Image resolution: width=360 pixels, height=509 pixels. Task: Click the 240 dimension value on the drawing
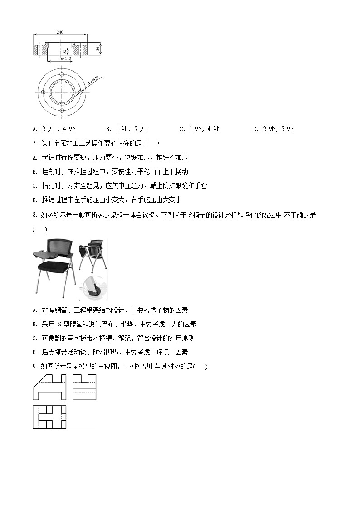(x=60, y=32)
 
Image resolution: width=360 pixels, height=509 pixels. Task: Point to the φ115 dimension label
(x=66, y=58)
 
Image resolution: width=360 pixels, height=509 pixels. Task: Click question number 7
(x=35, y=144)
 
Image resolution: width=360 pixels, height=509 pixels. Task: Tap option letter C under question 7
(x=35, y=186)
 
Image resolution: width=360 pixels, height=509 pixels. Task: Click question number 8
(x=35, y=216)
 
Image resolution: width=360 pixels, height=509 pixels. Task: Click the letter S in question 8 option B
(x=59, y=324)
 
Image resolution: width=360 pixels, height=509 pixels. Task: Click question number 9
(x=35, y=367)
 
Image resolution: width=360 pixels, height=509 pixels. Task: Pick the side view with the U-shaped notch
(x=84, y=387)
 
